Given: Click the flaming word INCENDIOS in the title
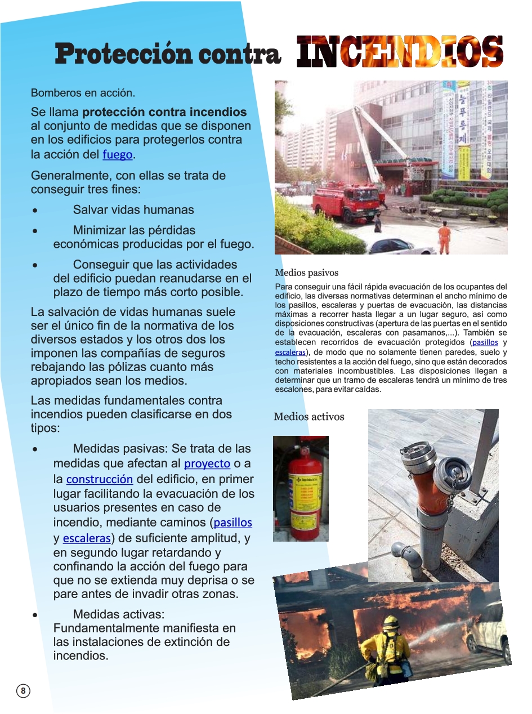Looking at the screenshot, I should [400, 52].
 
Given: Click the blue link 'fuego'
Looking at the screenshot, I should [118, 154].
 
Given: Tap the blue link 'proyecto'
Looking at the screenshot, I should [207, 463].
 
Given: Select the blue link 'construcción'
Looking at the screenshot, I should [100, 480].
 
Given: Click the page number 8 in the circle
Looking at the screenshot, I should [23, 691].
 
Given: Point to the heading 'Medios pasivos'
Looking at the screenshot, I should [307, 273].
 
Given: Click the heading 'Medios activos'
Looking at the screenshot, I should [309, 417].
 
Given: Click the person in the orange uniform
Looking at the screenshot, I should [444, 236].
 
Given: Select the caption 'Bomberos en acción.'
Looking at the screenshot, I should [83, 92].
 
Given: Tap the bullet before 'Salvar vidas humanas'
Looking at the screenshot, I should [35, 211].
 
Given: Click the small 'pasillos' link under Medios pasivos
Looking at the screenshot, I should [485, 342].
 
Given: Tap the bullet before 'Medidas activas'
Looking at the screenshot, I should [35, 615].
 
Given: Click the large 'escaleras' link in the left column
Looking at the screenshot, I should [86, 538].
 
